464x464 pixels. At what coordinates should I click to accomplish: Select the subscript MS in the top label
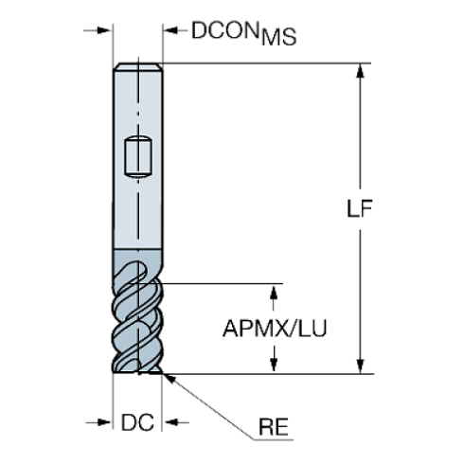tap(279, 38)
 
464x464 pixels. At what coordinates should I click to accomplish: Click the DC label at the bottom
tap(138, 422)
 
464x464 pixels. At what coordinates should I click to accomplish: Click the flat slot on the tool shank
tap(138, 157)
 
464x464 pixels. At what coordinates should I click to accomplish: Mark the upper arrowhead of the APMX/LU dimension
tap(276, 293)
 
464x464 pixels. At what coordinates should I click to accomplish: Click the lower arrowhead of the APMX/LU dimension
tap(276, 363)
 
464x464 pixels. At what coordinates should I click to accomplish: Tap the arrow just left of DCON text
tap(174, 31)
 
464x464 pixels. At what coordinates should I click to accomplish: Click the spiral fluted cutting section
tap(138, 322)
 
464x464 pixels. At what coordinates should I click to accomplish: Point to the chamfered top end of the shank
tap(138, 67)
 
